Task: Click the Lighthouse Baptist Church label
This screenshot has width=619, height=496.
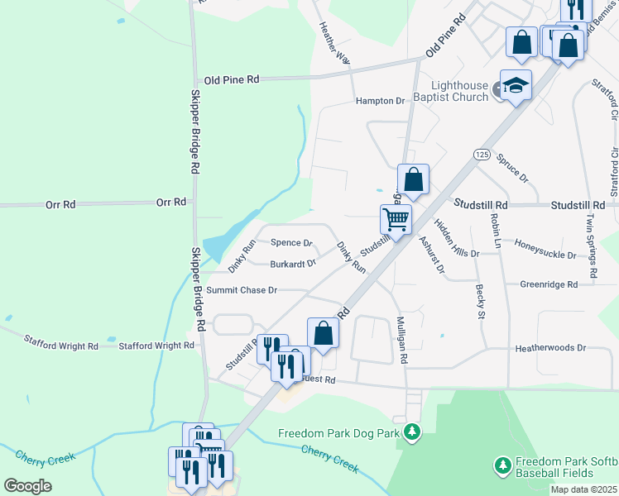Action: pos(459,91)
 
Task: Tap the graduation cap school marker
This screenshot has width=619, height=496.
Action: pos(516,85)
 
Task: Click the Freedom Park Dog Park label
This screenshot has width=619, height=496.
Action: pos(338,433)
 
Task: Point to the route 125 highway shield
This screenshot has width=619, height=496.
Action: pos(482,155)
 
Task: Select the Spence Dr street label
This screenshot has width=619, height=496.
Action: pos(291,243)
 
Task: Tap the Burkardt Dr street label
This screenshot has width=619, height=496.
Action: pos(293,265)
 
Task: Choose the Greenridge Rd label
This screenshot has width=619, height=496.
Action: pos(549,284)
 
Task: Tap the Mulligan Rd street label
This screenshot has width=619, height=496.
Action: pos(402,340)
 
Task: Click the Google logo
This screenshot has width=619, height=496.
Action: pos(28,486)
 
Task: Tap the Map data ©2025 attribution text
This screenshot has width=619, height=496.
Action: pos(584,489)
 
